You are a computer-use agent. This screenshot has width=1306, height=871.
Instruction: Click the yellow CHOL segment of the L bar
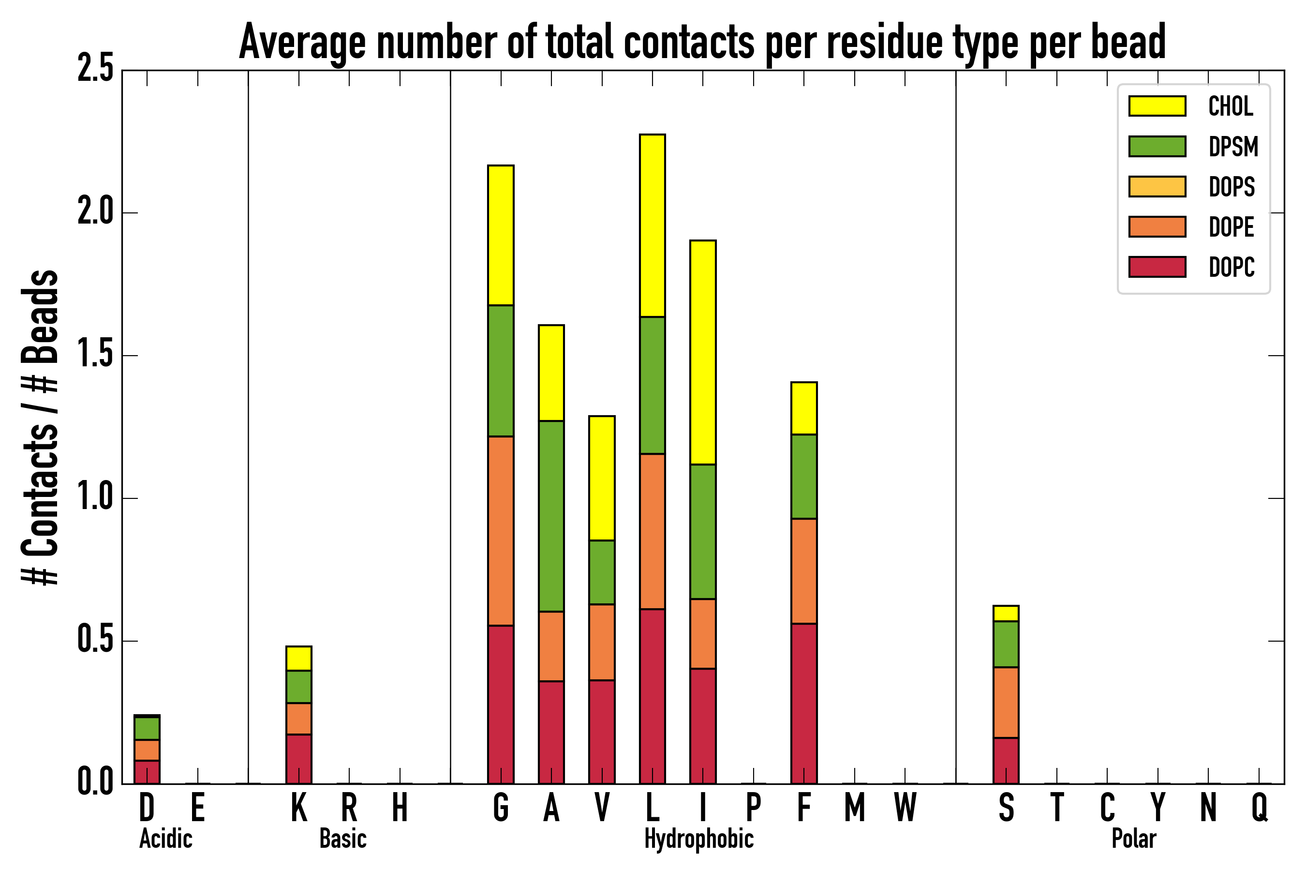[x=653, y=225]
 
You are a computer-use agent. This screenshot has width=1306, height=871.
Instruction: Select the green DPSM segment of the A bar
[x=551, y=517]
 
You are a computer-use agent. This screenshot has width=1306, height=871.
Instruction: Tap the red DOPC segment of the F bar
[x=804, y=703]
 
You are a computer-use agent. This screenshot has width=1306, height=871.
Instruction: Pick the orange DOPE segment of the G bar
[x=501, y=531]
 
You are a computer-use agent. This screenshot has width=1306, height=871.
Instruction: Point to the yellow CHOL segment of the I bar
[x=703, y=352]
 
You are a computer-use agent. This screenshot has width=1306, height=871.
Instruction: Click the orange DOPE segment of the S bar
[x=1006, y=703]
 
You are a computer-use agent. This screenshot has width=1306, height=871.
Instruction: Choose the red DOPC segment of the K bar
[x=299, y=759]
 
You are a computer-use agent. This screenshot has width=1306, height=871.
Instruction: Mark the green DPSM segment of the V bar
[x=602, y=572]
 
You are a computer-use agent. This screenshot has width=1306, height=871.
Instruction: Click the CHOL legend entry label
[x=1231, y=106]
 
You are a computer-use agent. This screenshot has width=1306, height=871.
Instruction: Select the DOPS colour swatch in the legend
[x=1157, y=186]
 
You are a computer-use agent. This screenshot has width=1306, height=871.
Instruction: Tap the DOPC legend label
[x=1232, y=267]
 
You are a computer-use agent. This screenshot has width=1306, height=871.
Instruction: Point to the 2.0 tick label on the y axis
[x=95, y=213]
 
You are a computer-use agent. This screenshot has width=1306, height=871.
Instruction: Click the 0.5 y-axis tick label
[x=95, y=641]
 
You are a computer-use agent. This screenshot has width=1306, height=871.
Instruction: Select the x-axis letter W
[x=905, y=808]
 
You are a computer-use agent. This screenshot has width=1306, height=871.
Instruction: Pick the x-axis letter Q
[x=1260, y=808]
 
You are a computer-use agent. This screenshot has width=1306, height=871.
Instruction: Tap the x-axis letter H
[x=400, y=808]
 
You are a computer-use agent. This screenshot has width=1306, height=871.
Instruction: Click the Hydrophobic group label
[x=698, y=839]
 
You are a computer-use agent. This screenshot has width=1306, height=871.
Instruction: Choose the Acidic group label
[x=165, y=839]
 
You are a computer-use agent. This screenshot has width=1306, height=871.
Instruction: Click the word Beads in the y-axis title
[x=40, y=316]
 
